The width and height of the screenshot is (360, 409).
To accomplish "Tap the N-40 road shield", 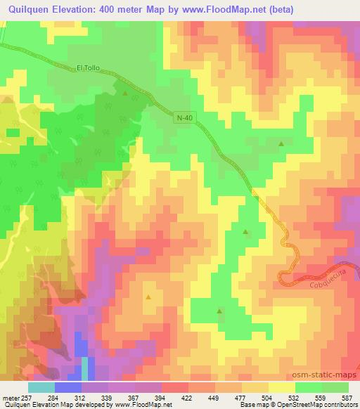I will click(183, 119).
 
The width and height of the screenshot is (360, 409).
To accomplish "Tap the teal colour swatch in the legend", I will click(41, 387).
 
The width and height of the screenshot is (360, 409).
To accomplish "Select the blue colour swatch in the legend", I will click(67, 387).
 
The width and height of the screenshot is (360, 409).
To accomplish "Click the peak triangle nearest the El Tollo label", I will click(125, 93).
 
